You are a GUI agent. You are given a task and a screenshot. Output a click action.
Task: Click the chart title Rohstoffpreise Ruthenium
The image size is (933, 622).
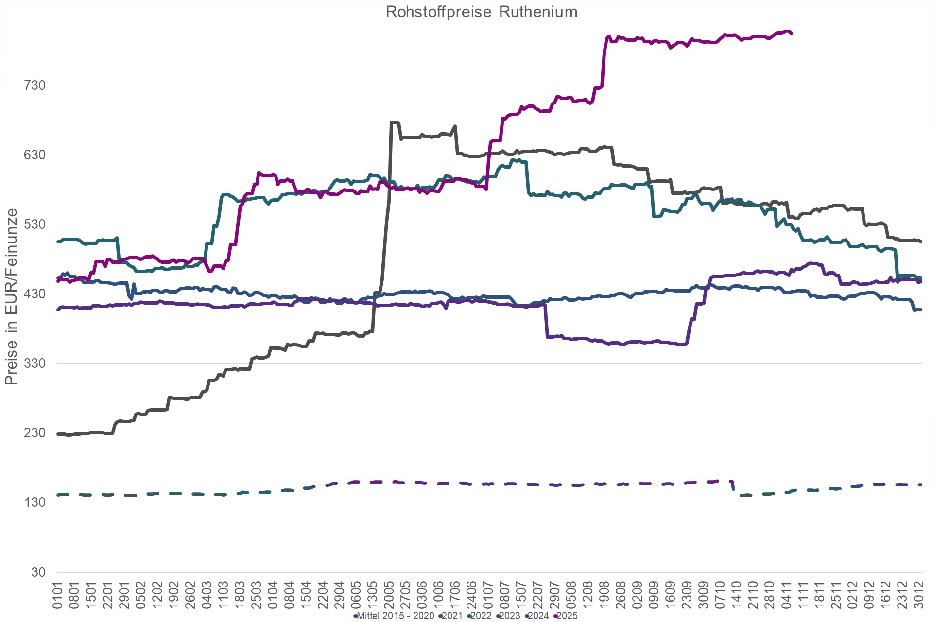[x=482, y=12]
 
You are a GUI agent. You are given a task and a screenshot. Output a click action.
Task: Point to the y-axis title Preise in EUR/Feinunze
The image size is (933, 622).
[x=11, y=297]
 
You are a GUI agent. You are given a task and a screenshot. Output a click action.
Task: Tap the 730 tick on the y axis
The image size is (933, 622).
[x=35, y=86]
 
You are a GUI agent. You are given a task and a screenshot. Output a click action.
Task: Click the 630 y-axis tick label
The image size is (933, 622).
[x=35, y=155]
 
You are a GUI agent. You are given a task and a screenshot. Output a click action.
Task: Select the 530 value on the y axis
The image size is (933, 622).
[x=35, y=225]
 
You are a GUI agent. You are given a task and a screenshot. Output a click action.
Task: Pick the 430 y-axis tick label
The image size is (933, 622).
[x=35, y=294]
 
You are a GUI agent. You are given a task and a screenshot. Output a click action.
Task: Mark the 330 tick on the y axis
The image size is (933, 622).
[x=35, y=363]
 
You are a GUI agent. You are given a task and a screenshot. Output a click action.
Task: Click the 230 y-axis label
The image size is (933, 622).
[x=35, y=433]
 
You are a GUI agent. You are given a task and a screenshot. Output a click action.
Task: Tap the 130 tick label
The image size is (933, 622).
[x=35, y=502]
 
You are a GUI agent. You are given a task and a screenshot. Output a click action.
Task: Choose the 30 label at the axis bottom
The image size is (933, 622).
[x=38, y=572]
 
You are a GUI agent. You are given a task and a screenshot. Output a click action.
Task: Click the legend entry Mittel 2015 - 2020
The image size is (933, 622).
[x=395, y=616]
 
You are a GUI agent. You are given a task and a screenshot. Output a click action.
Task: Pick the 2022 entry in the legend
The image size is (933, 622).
[x=481, y=616]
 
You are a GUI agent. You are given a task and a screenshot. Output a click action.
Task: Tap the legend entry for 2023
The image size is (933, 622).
[x=509, y=616]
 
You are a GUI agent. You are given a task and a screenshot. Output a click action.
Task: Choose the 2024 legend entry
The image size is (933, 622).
[x=538, y=616]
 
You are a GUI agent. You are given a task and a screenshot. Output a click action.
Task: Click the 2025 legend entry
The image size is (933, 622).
[x=567, y=616]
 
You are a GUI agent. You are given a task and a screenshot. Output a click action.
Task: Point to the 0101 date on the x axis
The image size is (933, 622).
[x=58, y=595]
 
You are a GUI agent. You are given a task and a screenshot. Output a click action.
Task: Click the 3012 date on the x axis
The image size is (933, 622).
[x=918, y=595]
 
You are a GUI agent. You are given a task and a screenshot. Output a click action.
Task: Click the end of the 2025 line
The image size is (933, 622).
[x=792, y=33]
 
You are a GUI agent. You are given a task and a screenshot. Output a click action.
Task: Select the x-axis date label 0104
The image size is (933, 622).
[x=273, y=595]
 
